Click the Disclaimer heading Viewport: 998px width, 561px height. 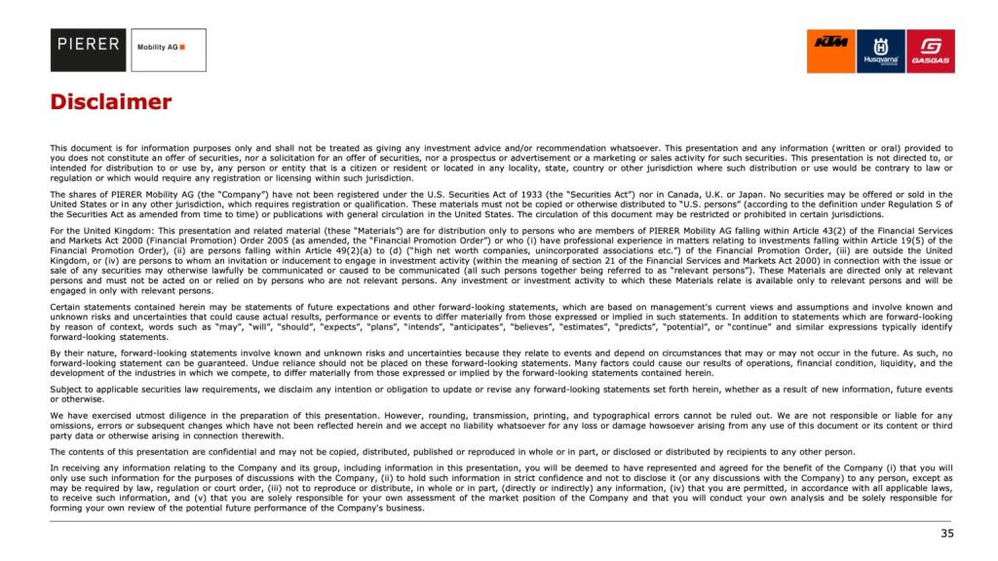[x=111, y=102]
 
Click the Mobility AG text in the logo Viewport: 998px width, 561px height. [x=156, y=47]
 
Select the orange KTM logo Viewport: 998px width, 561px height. [x=830, y=51]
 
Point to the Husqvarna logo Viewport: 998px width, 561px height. [x=881, y=51]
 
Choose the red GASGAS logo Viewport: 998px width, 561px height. [x=931, y=51]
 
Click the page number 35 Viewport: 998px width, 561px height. [x=946, y=534]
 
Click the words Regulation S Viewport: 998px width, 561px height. [x=927, y=204]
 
